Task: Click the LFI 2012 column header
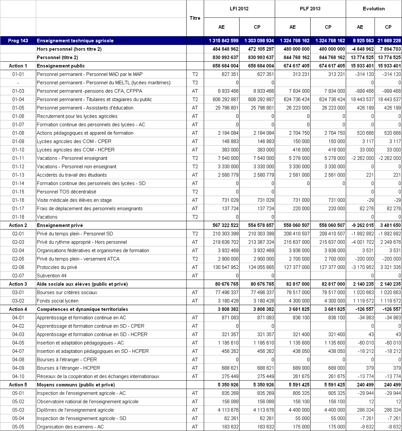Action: (x=239, y=9)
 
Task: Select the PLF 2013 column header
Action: (x=310, y=9)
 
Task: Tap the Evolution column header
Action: (x=374, y=9)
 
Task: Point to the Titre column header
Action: (x=195, y=18)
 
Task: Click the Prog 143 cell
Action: (x=18, y=41)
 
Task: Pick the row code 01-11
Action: (x=18, y=158)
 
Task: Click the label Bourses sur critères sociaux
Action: (x=67, y=292)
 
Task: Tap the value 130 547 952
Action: (x=226, y=267)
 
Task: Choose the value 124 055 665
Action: (x=261, y=267)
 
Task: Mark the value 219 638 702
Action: (x=226, y=242)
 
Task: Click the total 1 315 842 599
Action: (x=224, y=41)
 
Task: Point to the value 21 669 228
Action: (x=389, y=41)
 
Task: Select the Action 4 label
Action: (x=18, y=309)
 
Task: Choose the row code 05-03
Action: (x=18, y=410)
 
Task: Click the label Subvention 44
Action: (x=52, y=276)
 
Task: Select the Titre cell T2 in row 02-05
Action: (x=195, y=259)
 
